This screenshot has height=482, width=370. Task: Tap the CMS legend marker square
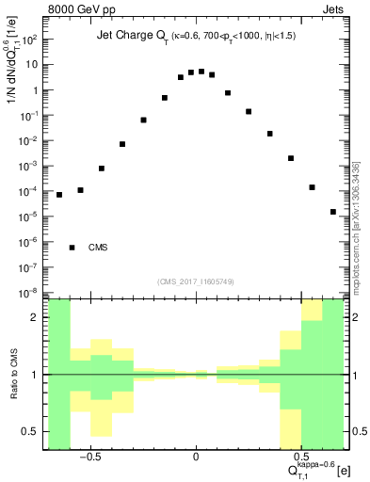click(72, 248)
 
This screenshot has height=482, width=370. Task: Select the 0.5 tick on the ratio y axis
click(32, 431)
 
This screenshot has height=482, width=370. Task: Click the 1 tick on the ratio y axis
click(36, 375)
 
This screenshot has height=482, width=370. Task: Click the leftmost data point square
click(59, 195)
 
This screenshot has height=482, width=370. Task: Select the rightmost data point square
click(333, 212)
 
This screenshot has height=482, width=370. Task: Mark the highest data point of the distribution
click(201, 71)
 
